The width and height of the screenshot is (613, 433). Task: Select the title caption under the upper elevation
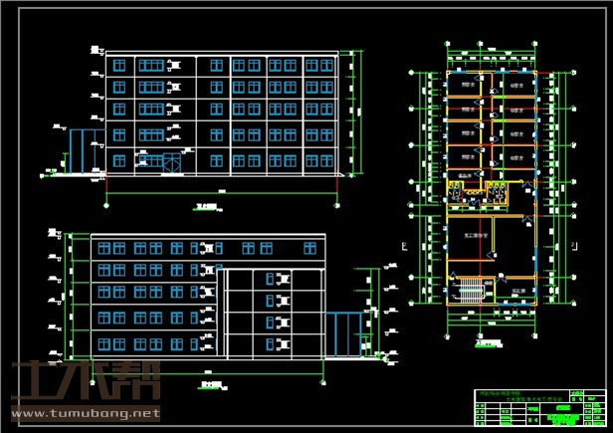pos(207,207)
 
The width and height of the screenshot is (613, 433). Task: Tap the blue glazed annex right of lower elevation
pos(347,333)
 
